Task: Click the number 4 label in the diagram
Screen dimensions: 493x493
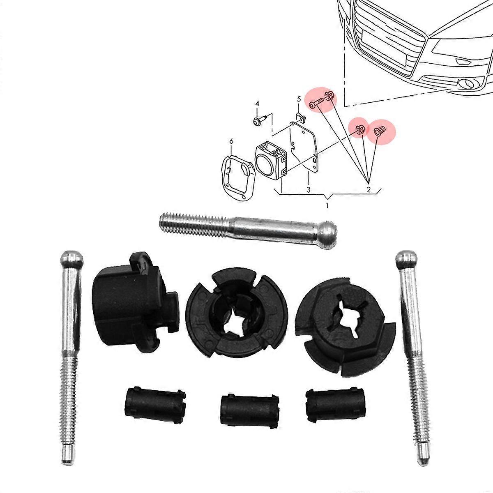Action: [x=257, y=104]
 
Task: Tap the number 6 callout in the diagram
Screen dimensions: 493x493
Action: [x=231, y=141]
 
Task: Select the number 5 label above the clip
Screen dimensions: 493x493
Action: [x=299, y=99]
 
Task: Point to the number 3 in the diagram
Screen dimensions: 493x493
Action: [x=308, y=189]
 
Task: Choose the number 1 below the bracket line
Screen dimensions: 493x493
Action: [x=327, y=204]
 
